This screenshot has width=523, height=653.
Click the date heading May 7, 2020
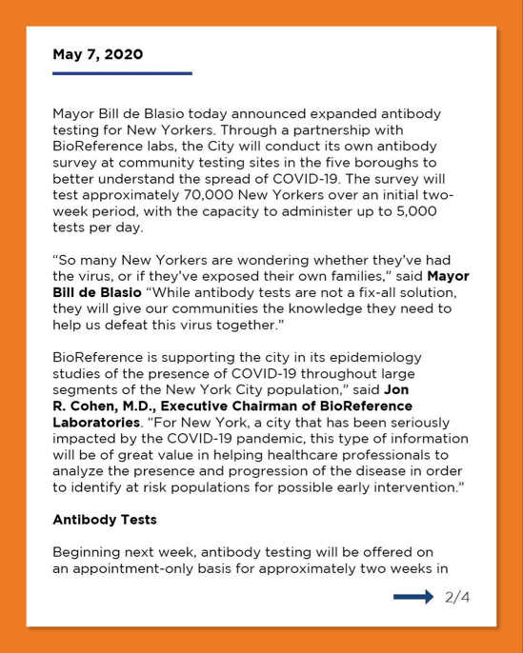point(97,54)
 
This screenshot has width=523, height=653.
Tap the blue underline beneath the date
point(122,72)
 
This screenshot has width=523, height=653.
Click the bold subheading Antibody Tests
point(104,520)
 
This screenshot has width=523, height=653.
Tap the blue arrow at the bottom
point(413,597)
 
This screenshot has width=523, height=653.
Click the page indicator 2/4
point(457,597)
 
